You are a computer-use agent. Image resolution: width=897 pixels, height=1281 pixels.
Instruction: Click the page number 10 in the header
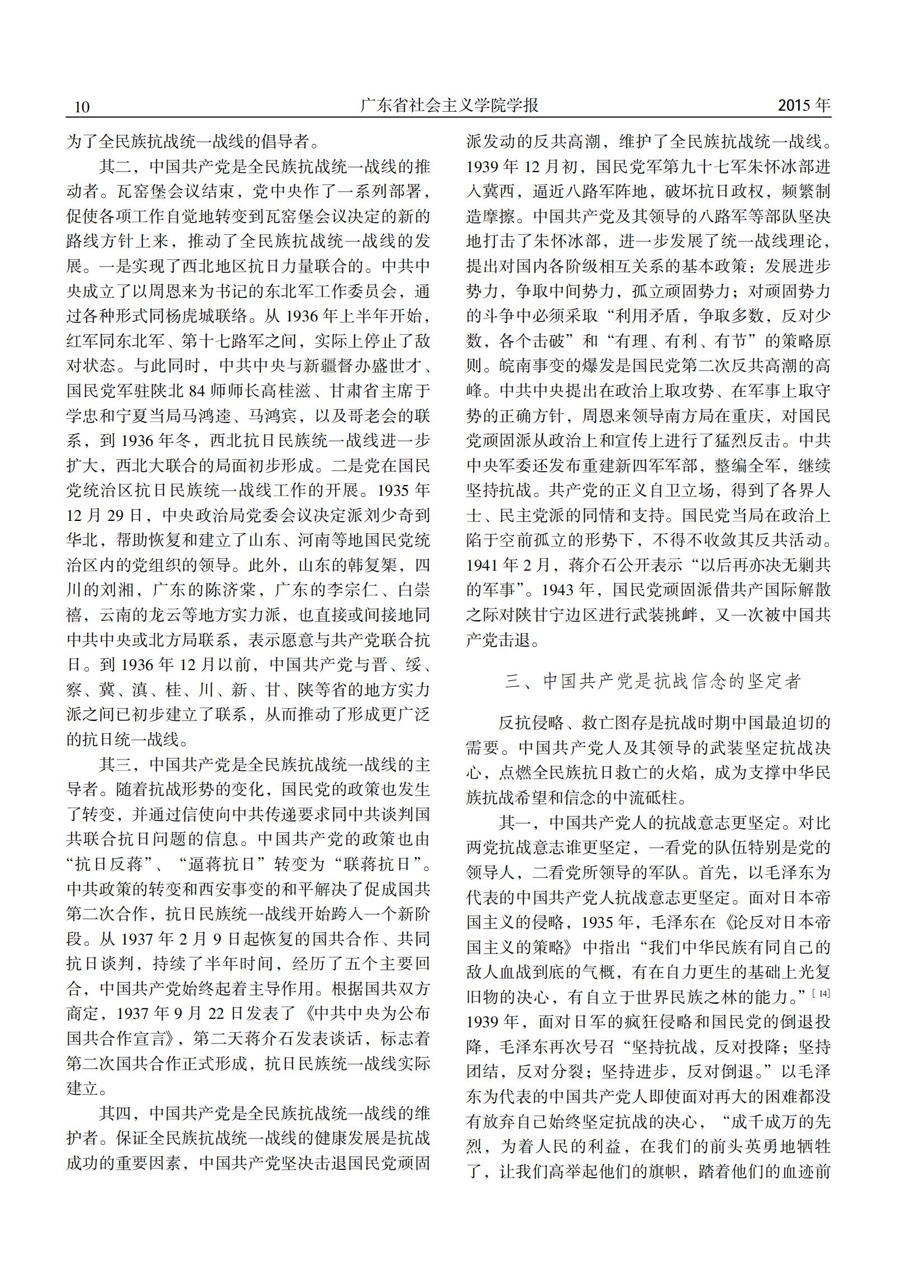(x=82, y=107)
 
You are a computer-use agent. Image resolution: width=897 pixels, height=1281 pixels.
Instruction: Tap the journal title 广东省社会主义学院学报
(x=448, y=106)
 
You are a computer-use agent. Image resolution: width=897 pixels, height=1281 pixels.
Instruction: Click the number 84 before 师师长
(x=198, y=391)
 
